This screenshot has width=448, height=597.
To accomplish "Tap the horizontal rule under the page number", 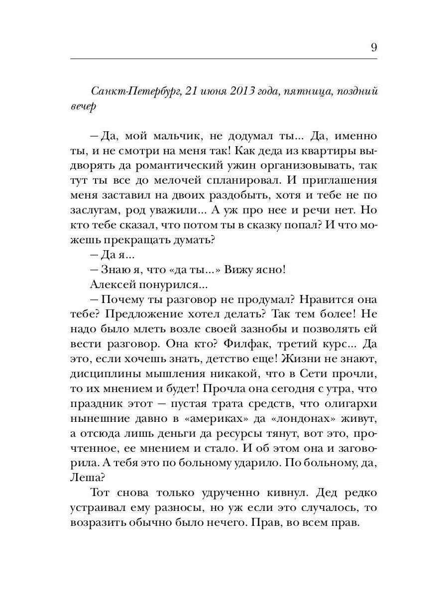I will point(224,59).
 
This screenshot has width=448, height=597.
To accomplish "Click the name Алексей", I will point(114,285).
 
